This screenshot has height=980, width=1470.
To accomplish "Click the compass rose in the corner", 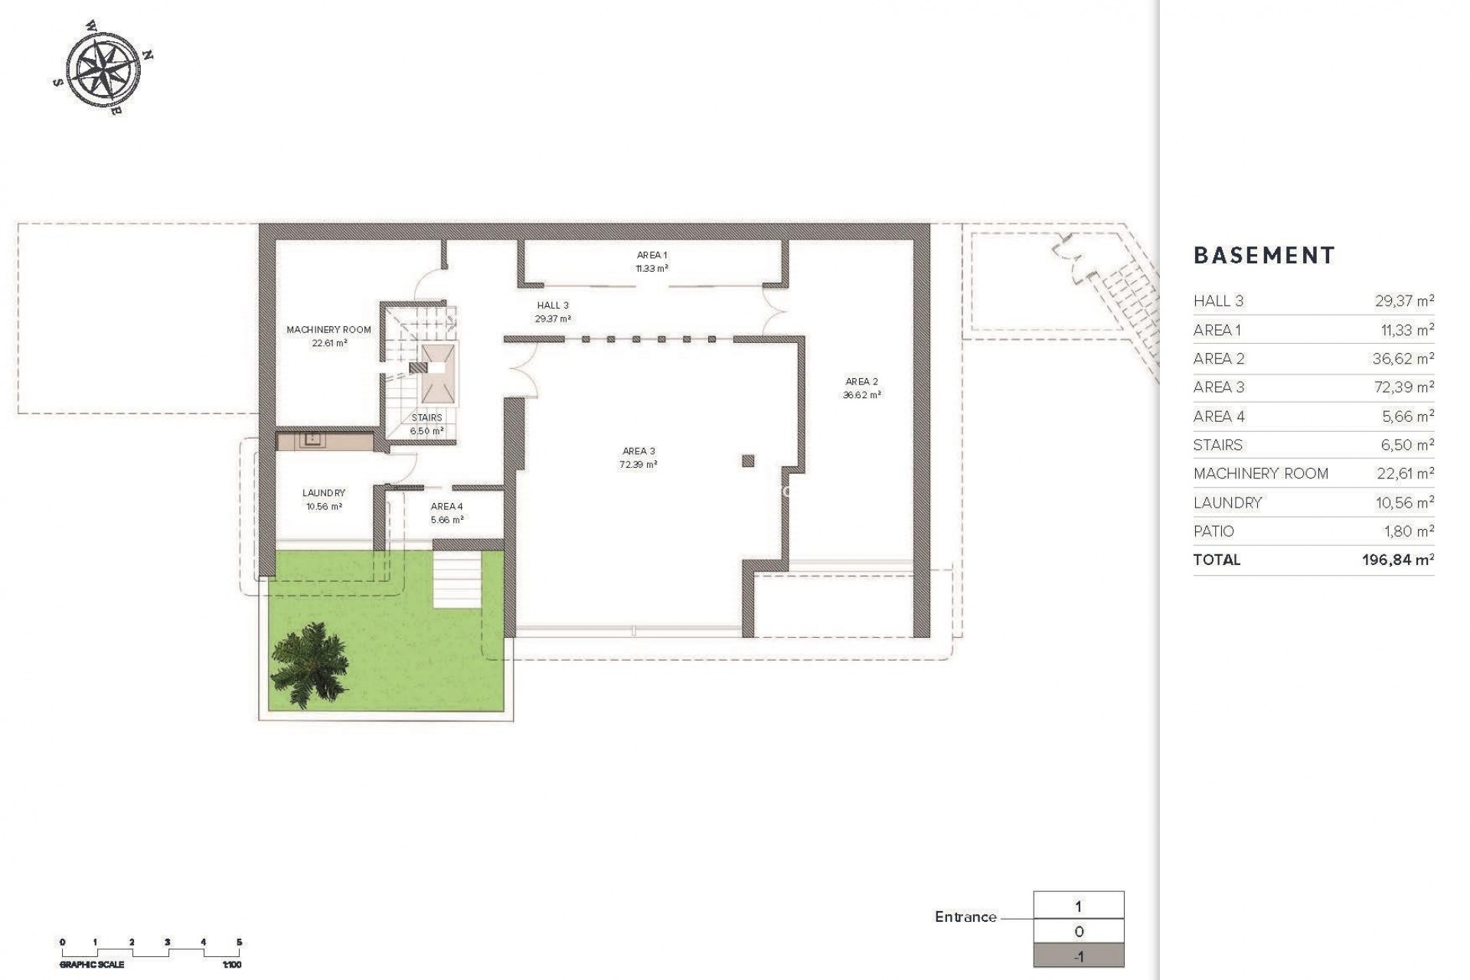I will (103, 67).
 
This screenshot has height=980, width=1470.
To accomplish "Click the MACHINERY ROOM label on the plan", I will (328, 330).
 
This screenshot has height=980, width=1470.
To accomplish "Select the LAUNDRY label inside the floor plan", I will (323, 493).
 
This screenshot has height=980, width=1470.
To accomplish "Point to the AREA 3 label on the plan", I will (638, 452).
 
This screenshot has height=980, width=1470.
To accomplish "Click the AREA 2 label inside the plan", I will (861, 382).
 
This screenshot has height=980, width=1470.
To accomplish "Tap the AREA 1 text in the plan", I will (652, 256).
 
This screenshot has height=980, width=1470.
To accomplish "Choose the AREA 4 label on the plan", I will (446, 507).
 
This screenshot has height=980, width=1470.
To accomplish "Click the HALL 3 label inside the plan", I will (552, 305).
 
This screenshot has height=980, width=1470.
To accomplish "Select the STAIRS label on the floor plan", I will (426, 418).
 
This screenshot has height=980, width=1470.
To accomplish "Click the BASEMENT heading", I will (1263, 256).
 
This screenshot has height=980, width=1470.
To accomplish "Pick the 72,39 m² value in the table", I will (1403, 387).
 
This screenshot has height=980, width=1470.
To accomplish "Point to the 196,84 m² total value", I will (1397, 560).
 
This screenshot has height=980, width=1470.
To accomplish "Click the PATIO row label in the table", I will (1214, 531).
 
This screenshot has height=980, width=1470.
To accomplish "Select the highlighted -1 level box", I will (1078, 956).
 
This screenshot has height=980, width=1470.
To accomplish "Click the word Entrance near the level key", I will (965, 917).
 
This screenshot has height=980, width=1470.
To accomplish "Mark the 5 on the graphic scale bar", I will (239, 942).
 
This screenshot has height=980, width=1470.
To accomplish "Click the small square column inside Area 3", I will (748, 461).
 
